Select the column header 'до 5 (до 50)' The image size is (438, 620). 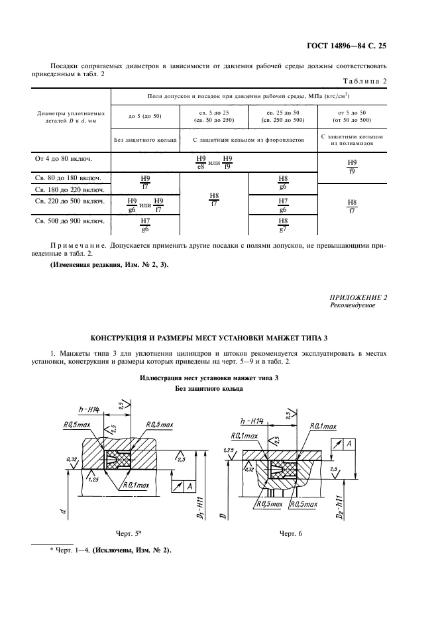pyautogui.click(x=144, y=117)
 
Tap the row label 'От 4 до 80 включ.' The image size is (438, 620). pyautogui.click(x=63, y=160)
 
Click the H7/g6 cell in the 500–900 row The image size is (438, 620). pyautogui.click(x=145, y=225)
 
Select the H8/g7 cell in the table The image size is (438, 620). pyautogui.click(x=283, y=225)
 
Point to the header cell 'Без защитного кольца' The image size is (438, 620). pyautogui.click(x=144, y=140)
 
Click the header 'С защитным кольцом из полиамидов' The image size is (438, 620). pyautogui.click(x=352, y=139)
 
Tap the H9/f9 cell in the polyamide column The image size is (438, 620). pyautogui.click(x=352, y=166)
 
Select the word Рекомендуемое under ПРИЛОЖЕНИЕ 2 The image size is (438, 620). pyautogui.click(x=352, y=305)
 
